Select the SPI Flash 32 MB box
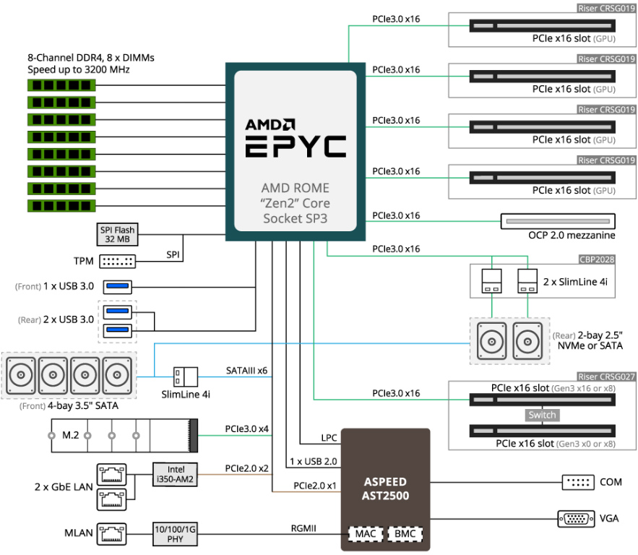116,234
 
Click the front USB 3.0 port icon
118,286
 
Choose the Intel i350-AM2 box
174,473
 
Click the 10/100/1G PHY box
174,533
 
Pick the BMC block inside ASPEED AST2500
403,534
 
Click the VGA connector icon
576,518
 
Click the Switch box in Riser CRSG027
542,416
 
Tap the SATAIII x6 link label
246,371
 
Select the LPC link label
328,438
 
